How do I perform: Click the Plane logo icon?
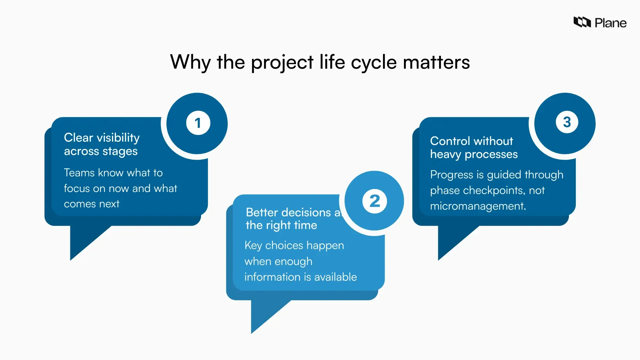click(582, 22)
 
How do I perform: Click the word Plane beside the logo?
click(610, 23)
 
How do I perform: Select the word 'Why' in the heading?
click(190, 62)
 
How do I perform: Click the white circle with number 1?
click(198, 123)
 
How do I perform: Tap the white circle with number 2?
click(375, 201)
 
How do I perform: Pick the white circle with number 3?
click(567, 122)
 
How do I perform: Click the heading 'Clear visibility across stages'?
click(102, 144)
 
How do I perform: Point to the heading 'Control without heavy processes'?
click(473, 147)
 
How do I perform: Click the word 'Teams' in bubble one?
click(79, 173)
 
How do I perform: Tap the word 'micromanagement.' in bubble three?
click(478, 206)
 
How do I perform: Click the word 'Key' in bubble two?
click(253, 245)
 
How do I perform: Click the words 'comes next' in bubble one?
click(91, 204)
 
